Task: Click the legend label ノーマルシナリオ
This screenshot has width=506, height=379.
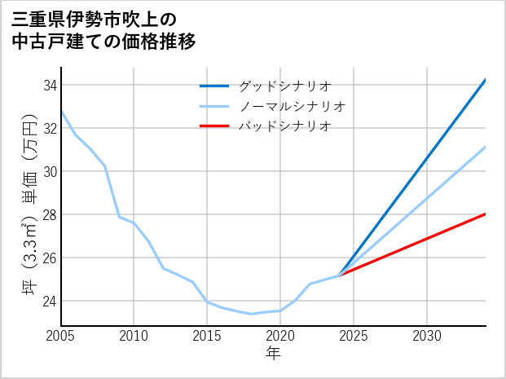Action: click(x=293, y=106)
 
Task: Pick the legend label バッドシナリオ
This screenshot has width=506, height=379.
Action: click(x=284, y=126)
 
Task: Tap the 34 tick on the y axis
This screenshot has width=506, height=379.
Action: click(x=48, y=86)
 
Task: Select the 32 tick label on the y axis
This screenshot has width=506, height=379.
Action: click(x=48, y=129)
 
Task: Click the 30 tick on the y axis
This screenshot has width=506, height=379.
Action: click(x=48, y=172)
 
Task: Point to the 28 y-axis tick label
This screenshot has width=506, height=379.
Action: click(x=48, y=215)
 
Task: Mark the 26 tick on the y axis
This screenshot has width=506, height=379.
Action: click(x=48, y=258)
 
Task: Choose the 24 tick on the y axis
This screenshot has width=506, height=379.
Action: click(x=48, y=302)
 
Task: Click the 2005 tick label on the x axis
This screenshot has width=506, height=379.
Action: click(x=61, y=336)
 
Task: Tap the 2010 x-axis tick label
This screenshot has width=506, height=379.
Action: click(x=134, y=336)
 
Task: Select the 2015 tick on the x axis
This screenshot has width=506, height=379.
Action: click(x=207, y=336)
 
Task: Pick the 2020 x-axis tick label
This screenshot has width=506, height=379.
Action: click(x=280, y=336)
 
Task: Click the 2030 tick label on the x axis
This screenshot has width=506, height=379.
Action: click(x=427, y=336)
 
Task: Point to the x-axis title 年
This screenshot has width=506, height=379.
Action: click(x=273, y=354)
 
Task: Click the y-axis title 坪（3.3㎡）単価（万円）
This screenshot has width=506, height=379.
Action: click(x=29, y=205)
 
